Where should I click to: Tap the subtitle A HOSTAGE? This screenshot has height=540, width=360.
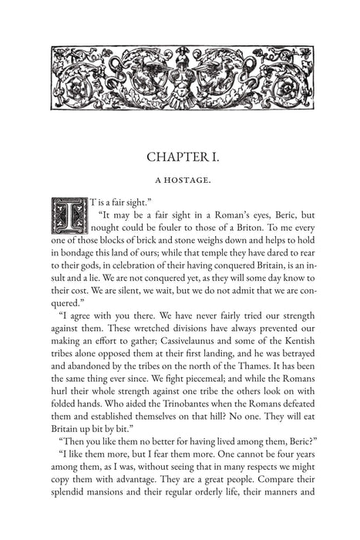pyautogui.click(x=180, y=185)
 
